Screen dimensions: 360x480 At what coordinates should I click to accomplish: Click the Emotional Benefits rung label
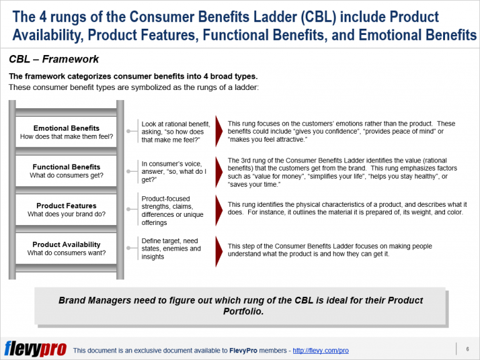click(66, 128)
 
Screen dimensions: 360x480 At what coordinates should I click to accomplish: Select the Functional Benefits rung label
click(66, 167)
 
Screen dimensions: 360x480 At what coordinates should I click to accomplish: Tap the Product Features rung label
click(66, 206)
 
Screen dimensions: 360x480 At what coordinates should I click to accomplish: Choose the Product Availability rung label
click(66, 244)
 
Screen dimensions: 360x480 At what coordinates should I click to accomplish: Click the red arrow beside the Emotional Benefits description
click(219, 132)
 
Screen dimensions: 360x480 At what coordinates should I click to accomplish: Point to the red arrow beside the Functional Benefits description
click(219, 171)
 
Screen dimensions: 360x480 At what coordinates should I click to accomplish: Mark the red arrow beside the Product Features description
click(219, 209)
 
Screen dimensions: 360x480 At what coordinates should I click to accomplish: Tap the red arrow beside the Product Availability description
click(219, 249)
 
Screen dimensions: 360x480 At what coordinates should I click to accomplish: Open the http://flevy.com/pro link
click(321, 351)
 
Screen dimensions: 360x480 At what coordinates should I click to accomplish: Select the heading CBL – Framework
click(54, 60)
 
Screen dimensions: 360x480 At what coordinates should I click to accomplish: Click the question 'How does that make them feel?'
click(66, 136)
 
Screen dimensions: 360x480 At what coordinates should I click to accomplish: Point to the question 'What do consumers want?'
click(66, 253)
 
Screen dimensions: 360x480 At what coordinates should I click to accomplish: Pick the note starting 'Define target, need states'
click(171, 248)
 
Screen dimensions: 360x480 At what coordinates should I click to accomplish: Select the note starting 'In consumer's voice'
click(173, 171)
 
